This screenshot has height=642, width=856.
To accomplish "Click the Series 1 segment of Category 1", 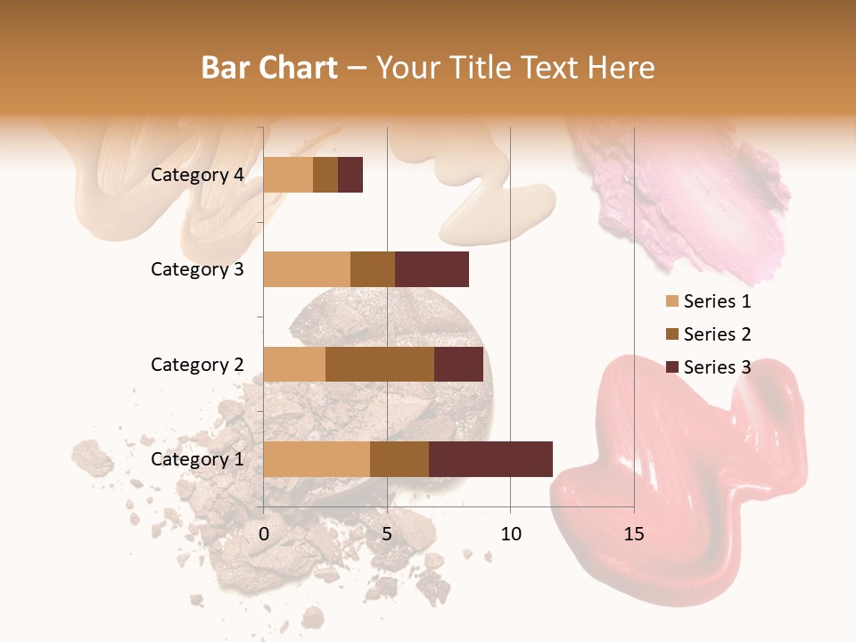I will tap(317, 458).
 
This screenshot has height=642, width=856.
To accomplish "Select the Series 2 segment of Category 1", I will tap(399, 458).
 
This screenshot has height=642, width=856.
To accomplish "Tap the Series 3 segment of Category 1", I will tap(490, 458).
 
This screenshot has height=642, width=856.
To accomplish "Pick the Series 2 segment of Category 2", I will tap(380, 364).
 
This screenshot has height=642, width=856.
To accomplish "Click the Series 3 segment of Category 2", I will tap(458, 364).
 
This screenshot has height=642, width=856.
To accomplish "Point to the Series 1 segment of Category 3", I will tap(307, 268).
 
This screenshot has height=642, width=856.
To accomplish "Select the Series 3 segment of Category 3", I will tap(432, 268).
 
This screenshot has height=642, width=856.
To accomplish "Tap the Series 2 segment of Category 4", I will tap(325, 174).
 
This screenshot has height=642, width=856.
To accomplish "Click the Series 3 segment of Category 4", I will tap(350, 174).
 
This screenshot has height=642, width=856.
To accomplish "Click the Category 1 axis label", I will tap(197, 459).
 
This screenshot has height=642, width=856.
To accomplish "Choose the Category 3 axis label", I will tap(197, 269).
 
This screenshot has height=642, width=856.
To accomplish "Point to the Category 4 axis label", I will tap(197, 175).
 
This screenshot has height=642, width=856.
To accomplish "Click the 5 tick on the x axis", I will tap(387, 534).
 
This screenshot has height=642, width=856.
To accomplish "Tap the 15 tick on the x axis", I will tap(634, 534).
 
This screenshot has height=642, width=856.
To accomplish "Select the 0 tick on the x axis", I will tap(264, 534).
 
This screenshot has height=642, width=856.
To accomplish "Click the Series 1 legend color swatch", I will tap(671, 301).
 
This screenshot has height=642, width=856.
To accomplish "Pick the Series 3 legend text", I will tap(717, 366).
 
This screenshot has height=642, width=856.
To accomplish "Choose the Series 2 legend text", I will tap(717, 334).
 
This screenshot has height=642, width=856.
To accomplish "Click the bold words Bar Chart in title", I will tap(269, 68).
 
